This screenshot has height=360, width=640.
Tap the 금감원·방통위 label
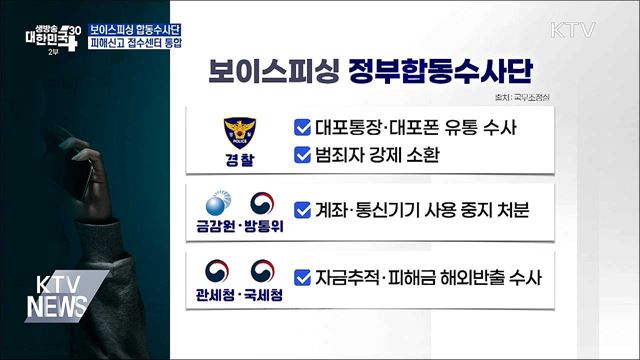[241, 229]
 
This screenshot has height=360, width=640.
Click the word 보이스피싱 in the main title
[273, 70]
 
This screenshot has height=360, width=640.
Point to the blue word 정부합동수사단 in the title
[441, 70]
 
